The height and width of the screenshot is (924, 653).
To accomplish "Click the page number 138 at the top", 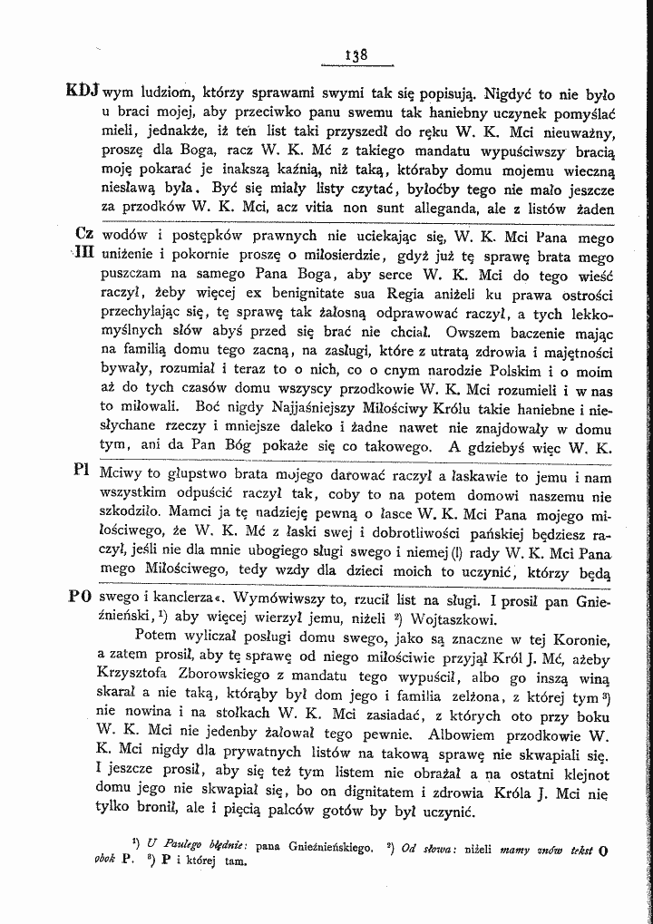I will (356, 54).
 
